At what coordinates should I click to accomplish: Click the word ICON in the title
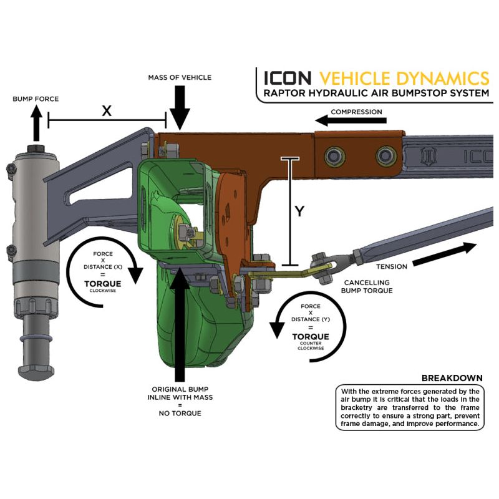tap(288, 78)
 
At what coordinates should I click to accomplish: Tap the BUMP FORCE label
tap(36, 99)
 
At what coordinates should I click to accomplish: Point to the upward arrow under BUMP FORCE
tap(36, 124)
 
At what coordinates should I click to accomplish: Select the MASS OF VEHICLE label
tap(180, 77)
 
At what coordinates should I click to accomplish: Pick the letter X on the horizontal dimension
tap(107, 110)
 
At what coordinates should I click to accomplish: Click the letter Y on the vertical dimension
tap(299, 211)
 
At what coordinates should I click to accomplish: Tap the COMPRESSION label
tap(356, 112)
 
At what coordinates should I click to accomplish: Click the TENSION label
tap(392, 266)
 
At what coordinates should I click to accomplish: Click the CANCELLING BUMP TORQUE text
tap(367, 286)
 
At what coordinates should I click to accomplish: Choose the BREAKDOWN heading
tap(453, 378)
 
